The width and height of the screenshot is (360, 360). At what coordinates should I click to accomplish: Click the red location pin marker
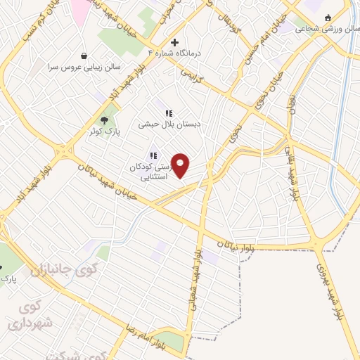click(x=181, y=166)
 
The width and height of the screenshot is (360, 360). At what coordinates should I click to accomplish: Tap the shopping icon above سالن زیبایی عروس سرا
click(x=84, y=55)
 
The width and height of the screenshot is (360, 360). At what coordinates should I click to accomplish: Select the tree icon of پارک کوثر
click(x=105, y=120)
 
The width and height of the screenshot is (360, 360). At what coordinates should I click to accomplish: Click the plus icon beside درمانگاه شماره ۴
click(x=175, y=42)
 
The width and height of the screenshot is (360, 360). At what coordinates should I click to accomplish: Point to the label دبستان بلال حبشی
click(x=169, y=123)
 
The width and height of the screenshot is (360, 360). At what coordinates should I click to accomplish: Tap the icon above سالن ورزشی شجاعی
click(x=328, y=19)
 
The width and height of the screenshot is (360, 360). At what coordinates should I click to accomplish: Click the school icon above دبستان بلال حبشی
click(x=169, y=112)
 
